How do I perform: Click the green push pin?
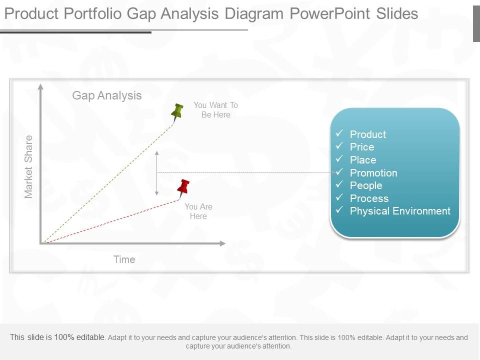pyautogui.click(x=177, y=111)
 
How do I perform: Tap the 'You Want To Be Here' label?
pyautogui.click(x=215, y=110)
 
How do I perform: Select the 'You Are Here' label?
pyautogui.click(x=198, y=211)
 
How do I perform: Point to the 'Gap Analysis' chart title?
pyautogui.click(x=107, y=95)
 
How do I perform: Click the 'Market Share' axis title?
pyautogui.click(x=28, y=166)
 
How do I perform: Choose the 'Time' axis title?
pyautogui.click(x=124, y=259)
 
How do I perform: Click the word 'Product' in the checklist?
pyautogui.click(x=368, y=134)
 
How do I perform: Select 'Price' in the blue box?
pyautogui.click(x=362, y=147)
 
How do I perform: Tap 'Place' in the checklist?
pyautogui.click(x=363, y=160)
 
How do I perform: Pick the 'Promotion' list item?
pyautogui.click(x=373, y=173)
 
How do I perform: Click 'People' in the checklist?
pyautogui.click(x=366, y=185)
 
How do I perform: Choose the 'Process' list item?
pyautogui.click(x=369, y=198)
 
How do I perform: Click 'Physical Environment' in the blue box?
pyautogui.click(x=400, y=211)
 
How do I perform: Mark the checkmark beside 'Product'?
pyautogui.click(x=339, y=133)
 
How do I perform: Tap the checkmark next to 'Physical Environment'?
pyautogui.click(x=339, y=210)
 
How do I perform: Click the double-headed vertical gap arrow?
pyautogui.click(x=157, y=172)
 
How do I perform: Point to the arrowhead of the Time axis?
pyautogui.click(x=222, y=243)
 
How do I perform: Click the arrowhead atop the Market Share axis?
pyautogui.click(x=40, y=87)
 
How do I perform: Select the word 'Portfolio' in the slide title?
pyautogui.click(x=93, y=13)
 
